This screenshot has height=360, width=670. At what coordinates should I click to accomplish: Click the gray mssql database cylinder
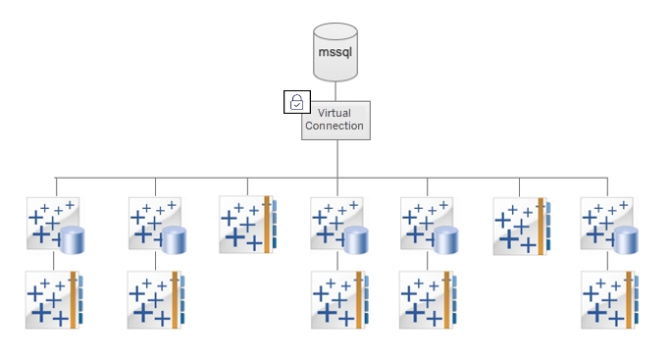pyautogui.click(x=335, y=53)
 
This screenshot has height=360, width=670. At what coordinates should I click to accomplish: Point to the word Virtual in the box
pyautogui.click(x=335, y=113)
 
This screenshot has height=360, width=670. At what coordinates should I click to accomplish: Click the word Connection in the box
pyautogui.click(x=335, y=127)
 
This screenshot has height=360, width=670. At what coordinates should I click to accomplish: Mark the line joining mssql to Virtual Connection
pyautogui.click(x=335, y=90)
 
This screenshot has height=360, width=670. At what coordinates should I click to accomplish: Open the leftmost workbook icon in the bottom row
pyautogui.click(x=55, y=299)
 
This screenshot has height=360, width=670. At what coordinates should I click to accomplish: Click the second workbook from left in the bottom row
pyautogui.click(x=155, y=299)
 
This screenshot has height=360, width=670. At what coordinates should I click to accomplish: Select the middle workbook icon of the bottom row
pyautogui.click(x=337, y=299)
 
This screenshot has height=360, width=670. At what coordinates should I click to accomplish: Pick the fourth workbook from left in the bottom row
pyautogui.click(x=428, y=299)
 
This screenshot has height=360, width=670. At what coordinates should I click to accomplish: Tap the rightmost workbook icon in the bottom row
pyautogui.click(x=607, y=299)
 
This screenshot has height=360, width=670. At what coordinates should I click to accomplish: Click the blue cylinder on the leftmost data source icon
pyautogui.click(x=73, y=239)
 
